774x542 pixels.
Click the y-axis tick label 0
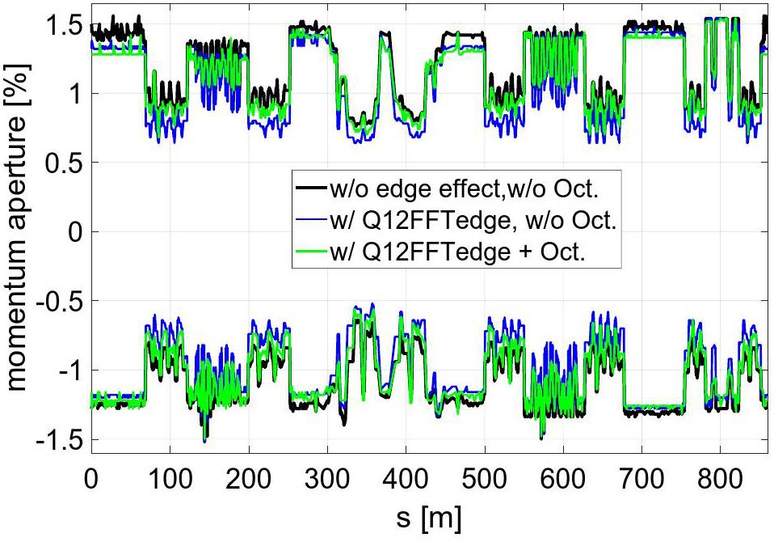(73, 233)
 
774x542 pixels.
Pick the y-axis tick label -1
(63, 371)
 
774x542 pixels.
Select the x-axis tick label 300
(326, 475)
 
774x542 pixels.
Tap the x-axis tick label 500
(485, 475)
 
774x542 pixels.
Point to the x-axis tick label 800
(721, 475)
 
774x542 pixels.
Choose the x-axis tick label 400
(406, 475)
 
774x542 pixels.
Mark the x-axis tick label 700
(642, 475)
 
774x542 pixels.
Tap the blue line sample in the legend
(312, 221)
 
